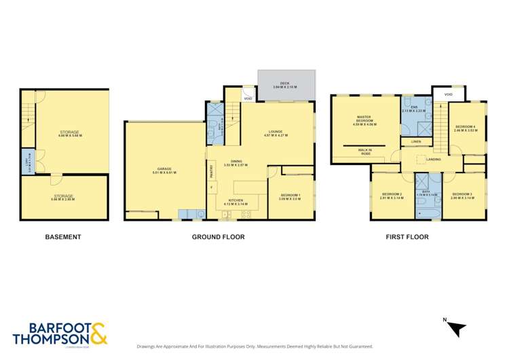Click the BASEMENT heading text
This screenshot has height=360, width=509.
tap(63, 237)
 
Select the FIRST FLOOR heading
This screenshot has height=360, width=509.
tap(409, 237)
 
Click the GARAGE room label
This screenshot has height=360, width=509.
tap(165, 170)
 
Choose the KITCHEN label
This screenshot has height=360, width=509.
tap(236, 202)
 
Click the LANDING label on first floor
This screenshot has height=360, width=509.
tap(433, 160)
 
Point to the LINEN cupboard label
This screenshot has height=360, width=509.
tap(415, 141)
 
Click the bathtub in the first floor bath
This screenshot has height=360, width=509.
tap(429, 213)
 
